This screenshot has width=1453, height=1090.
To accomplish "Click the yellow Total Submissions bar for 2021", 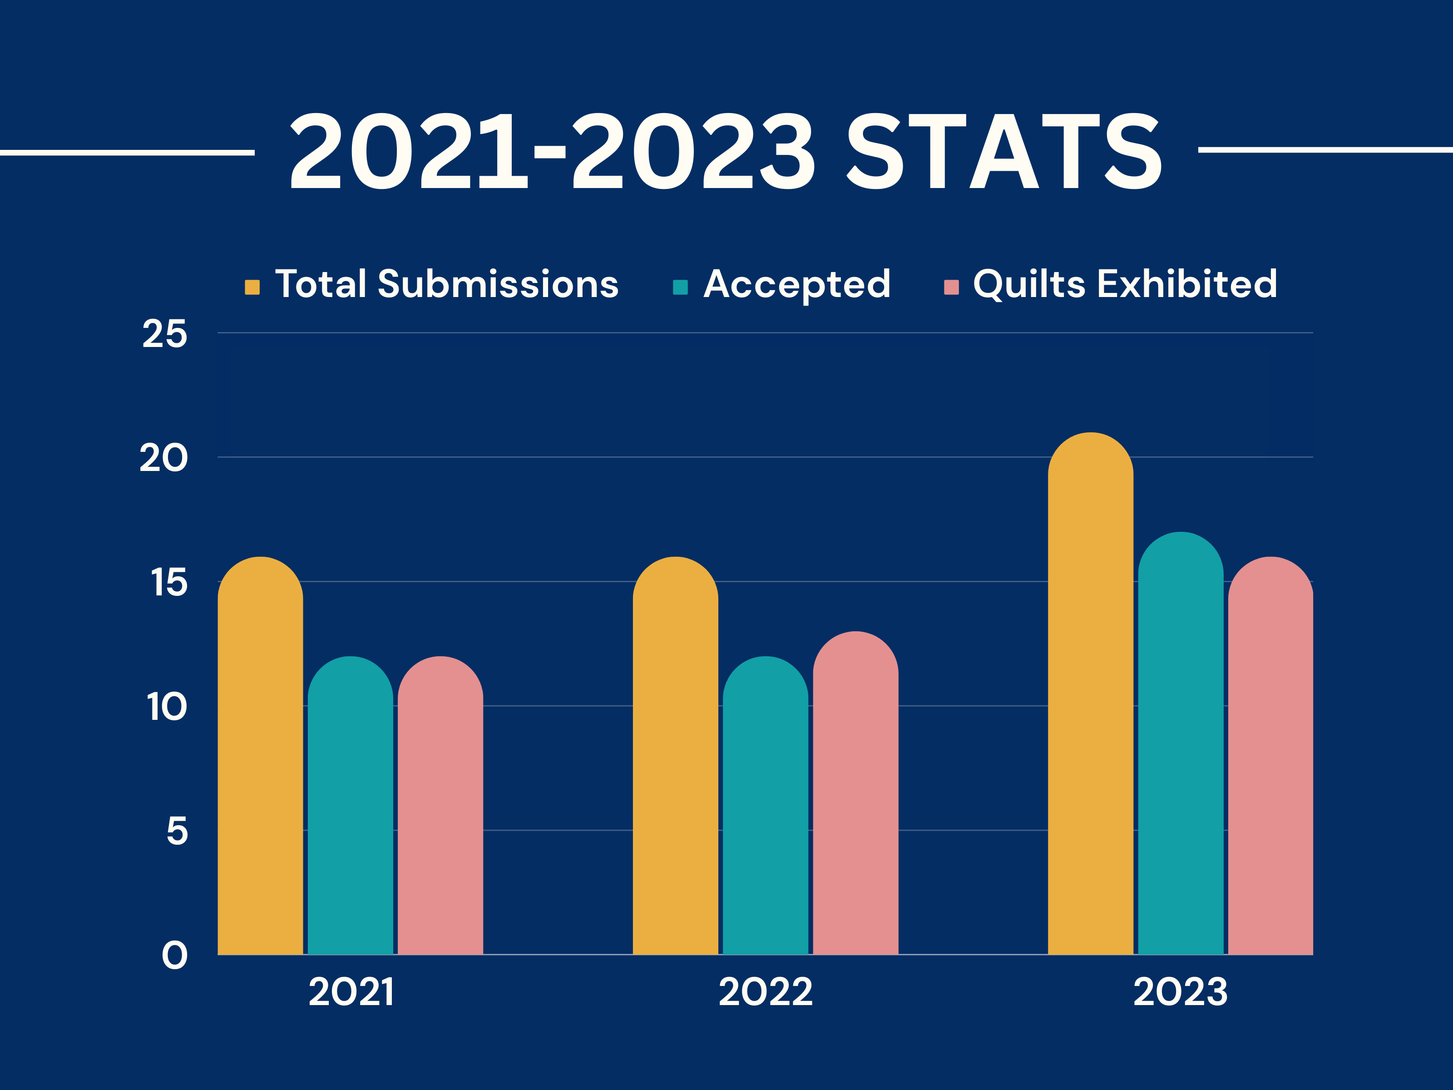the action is pos(260,756).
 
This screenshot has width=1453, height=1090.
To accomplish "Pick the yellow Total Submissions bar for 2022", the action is pos(675,756).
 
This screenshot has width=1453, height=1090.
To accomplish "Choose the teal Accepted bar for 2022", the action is pos(765,806).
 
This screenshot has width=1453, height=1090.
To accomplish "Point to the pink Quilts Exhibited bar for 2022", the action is pos(855,793).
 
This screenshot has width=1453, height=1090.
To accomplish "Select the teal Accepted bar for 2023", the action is pos(1181,743).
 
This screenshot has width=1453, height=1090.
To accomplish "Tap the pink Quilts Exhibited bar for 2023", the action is pos(1270,756).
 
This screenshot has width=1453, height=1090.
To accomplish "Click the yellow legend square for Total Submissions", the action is pos(252,287).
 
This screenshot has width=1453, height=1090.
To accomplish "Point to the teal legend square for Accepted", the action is pos(681,287).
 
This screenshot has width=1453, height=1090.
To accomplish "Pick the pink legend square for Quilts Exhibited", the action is pos(951,287).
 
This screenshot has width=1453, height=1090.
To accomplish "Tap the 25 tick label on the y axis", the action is pos(165,334).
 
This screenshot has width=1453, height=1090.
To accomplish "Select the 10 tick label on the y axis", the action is pos(167,707).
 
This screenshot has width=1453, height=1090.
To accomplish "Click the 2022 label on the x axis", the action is pos(765,992).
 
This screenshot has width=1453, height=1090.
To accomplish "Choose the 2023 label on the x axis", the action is pos(1181,992).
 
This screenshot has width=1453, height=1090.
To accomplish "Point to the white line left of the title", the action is pos(128,153).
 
